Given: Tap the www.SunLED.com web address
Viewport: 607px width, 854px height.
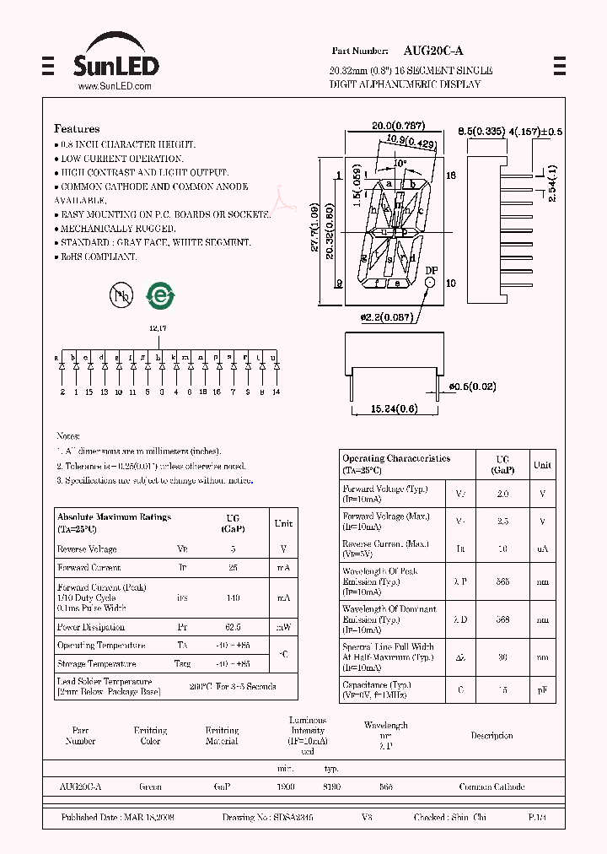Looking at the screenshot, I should click(115, 87).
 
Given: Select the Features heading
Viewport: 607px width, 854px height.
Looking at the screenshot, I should click(77, 129).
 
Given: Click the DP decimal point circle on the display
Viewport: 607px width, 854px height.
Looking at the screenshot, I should click(431, 284).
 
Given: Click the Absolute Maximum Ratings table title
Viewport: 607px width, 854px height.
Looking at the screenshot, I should click(114, 517).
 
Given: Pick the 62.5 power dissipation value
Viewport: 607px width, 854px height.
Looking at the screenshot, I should click(234, 628).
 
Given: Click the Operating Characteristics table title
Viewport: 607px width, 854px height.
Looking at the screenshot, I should click(396, 459).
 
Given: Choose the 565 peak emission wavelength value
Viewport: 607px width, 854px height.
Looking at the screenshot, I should click(502, 581).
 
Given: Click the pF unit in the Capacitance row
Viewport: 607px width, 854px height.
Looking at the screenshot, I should click(542, 689).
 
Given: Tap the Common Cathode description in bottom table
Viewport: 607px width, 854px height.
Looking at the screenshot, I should click(492, 786).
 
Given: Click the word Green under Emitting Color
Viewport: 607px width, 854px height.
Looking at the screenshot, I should click(151, 786).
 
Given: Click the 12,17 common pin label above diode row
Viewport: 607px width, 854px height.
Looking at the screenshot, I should click(158, 328).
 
